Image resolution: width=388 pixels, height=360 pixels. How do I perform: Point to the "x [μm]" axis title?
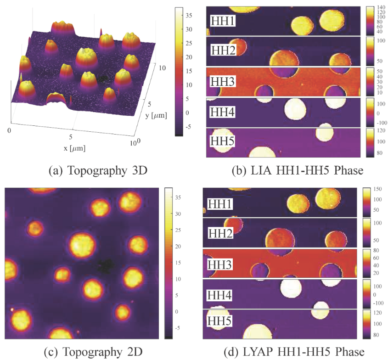(73, 148)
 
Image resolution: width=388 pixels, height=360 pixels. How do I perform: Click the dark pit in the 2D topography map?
(107, 264)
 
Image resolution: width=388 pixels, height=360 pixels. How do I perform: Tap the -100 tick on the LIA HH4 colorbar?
(382, 123)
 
